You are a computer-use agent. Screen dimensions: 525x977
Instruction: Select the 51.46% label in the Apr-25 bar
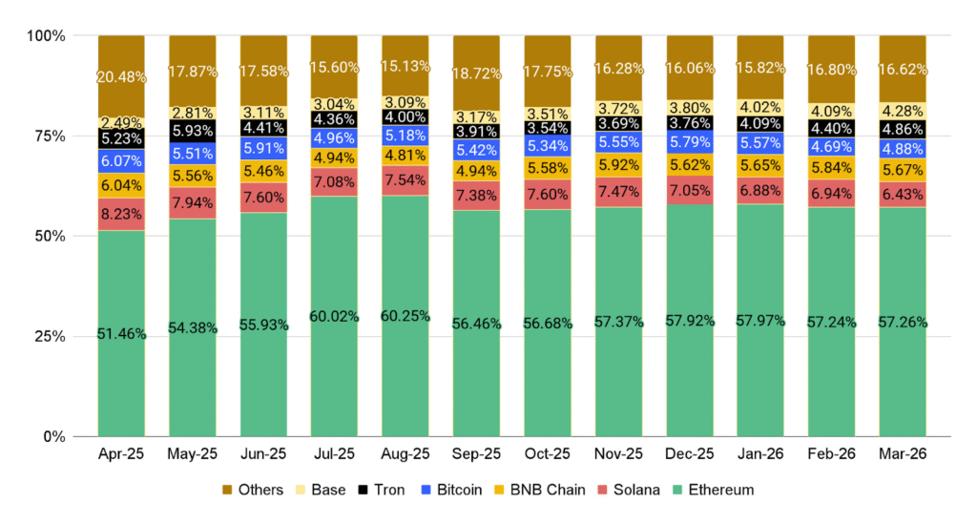tap(121, 334)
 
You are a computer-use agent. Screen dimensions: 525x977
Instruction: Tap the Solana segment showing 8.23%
tap(121, 214)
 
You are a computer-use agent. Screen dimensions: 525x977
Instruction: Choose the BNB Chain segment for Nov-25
tap(618, 164)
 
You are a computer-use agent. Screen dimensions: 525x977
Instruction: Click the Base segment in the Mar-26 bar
tap(902, 112)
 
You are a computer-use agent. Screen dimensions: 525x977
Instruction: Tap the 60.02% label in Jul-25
tap(334, 317)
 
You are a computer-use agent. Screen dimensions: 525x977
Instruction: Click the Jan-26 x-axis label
tap(760, 456)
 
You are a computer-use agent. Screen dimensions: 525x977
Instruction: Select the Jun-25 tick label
tap(263, 456)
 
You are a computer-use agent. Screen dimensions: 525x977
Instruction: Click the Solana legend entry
tap(630, 490)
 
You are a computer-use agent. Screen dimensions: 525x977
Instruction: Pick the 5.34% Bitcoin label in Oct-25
tap(547, 145)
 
